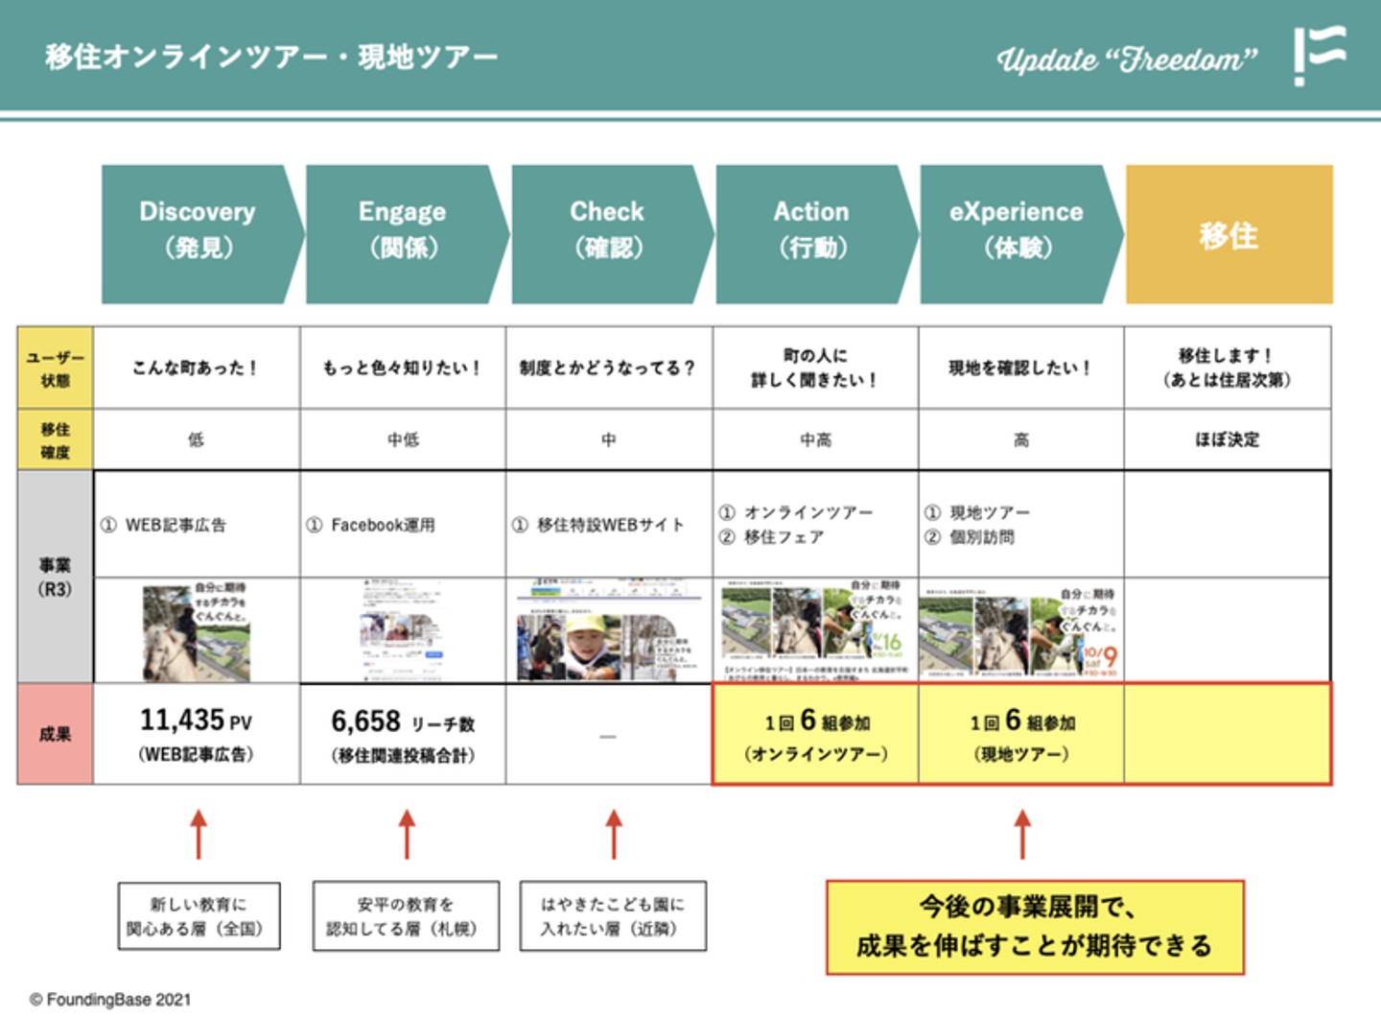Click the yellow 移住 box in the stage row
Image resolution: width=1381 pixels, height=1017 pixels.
pos(1229,235)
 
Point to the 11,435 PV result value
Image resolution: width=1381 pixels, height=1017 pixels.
pos(197,721)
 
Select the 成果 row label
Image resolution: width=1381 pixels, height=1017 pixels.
pos(56,734)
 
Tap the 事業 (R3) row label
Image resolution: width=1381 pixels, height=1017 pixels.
pos(56,577)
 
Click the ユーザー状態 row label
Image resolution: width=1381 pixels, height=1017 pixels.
pos(56,368)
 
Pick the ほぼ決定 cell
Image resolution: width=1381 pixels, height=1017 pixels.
pos(1228,439)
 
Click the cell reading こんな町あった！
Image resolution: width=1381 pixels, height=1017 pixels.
pos(196,368)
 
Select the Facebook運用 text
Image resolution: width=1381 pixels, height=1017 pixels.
pos(382,525)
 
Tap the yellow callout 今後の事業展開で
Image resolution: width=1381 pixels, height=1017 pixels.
pos(1035,927)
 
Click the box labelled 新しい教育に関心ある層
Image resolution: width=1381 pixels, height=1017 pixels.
pos(199,916)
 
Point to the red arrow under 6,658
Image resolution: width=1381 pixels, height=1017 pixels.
pos(407,834)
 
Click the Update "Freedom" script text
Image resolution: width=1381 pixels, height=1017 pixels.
pos(1127,59)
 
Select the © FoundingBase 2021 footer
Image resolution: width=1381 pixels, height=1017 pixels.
pos(110,999)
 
